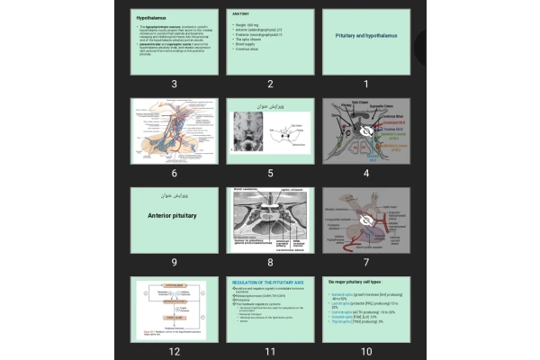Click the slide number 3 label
174,84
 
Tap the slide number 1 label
365,84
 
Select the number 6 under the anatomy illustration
174,173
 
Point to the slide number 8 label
270,262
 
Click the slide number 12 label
174,351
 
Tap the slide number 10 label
365,351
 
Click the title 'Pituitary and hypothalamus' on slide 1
365,35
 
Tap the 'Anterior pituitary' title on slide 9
174,214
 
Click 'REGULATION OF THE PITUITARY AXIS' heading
269,283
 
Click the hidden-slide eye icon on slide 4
365,130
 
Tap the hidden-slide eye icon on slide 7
365,218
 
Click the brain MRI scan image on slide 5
248,131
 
